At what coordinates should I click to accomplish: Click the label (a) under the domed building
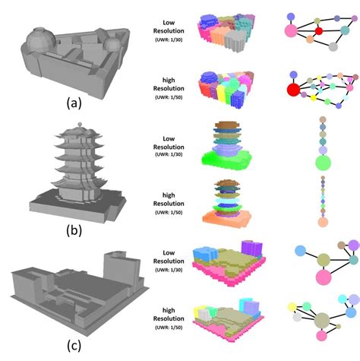(74, 103)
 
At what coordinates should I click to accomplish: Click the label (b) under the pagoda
(74, 230)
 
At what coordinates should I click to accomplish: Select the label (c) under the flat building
(74, 346)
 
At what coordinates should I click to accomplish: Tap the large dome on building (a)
(40, 40)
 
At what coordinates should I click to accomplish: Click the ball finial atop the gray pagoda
(80, 124)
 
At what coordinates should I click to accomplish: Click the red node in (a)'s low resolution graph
(319, 31)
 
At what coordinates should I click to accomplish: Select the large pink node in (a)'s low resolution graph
(291, 30)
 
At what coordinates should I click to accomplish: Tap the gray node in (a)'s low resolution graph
(333, 46)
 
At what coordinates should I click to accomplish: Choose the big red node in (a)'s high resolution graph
(293, 90)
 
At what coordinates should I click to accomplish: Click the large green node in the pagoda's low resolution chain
(323, 163)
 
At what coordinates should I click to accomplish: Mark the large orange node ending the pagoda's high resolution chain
(323, 222)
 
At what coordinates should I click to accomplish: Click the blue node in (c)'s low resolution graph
(301, 251)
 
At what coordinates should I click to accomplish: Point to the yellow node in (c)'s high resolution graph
(292, 307)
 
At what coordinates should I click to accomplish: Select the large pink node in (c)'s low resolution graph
(324, 277)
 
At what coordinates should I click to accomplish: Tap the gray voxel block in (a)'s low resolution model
(235, 41)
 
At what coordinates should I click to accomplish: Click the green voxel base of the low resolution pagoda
(227, 159)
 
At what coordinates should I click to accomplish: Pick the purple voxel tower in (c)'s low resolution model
(251, 249)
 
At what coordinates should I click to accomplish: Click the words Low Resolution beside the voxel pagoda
(169, 143)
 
